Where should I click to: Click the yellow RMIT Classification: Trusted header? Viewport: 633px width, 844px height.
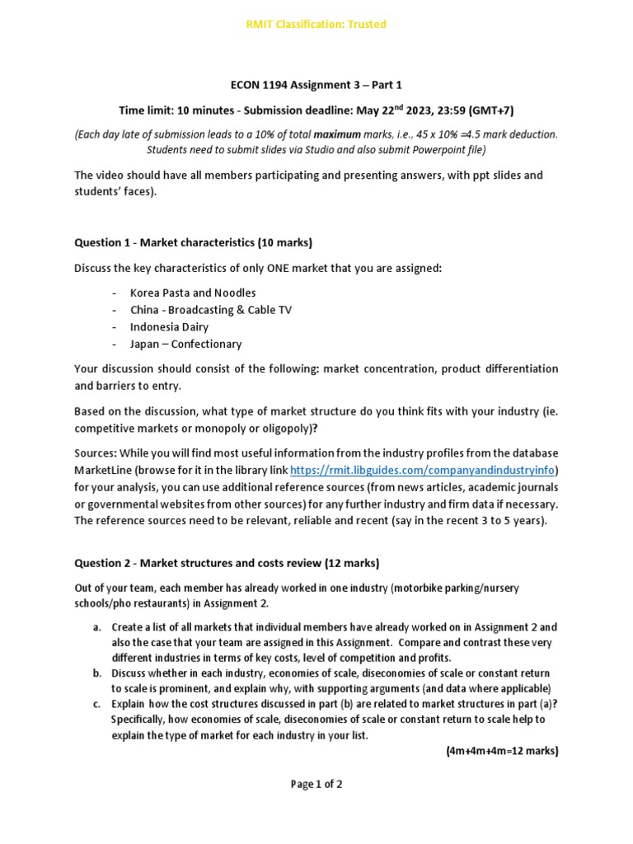point(316,24)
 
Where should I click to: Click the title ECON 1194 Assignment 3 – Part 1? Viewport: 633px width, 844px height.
point(316,85)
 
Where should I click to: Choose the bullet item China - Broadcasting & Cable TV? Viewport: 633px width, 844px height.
point(210,310)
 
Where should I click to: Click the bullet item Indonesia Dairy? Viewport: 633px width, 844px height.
point(169,327)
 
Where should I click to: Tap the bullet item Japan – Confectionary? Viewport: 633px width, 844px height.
point(185,345)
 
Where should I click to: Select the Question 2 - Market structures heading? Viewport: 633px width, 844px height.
point(227,564)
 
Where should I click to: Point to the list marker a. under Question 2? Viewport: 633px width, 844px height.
point(96,626)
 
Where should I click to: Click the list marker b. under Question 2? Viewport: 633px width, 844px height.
point(96,673)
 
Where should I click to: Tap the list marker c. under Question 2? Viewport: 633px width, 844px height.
point(96,704)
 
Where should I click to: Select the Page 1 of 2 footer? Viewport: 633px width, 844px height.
point(316,785)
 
